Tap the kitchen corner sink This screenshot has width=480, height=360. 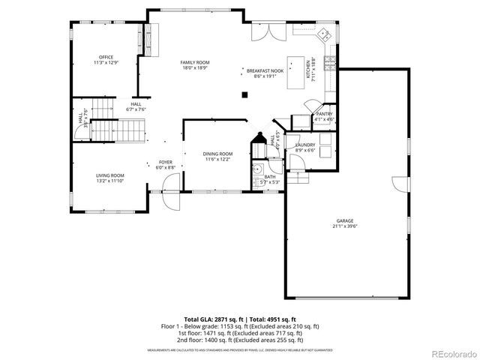(325, 34)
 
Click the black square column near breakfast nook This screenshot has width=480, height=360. (244, 94)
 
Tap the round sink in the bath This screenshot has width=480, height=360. (256, 169)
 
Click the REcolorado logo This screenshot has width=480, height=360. (451, 353)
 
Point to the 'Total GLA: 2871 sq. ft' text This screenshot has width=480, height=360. (212, 319)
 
